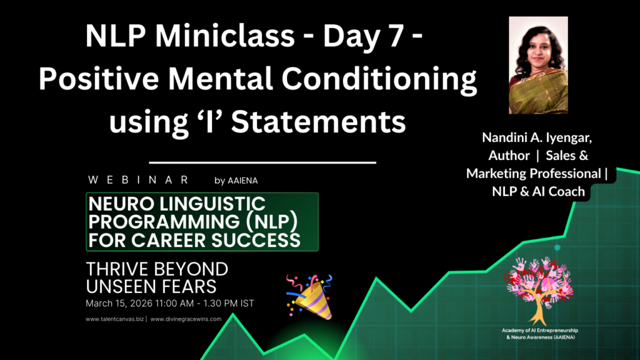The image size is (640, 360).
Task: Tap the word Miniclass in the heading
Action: coord(224,36)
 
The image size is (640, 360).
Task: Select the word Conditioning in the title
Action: coord(379,79)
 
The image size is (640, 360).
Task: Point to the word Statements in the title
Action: coord(318,122)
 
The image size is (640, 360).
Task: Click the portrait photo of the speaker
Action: coord(538,65)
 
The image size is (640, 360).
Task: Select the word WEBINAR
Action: coord(138,180)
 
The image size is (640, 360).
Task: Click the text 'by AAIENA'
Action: coord(236,181)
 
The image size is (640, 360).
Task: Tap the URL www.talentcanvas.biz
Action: coord(115,319)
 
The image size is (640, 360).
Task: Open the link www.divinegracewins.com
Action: coord(186,319)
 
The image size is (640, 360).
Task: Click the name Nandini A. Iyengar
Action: coord(537,137)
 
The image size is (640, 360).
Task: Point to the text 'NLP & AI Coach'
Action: coord(538,191)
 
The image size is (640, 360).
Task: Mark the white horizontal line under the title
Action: coord(262,162)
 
